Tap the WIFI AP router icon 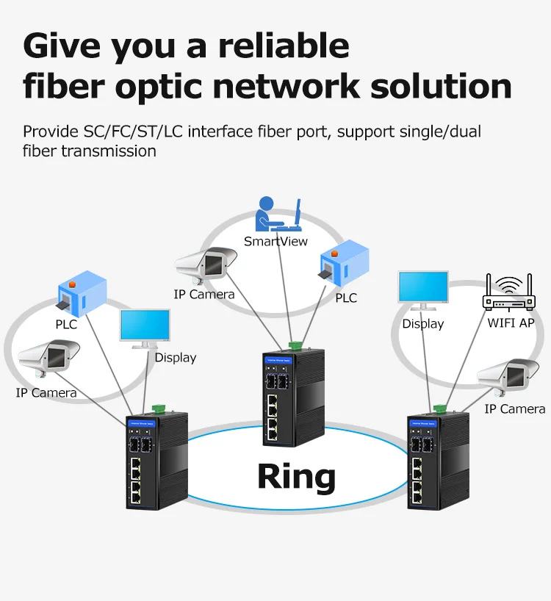coord(509,293)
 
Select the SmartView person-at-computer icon coord(279,214)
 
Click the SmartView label coord(275,241)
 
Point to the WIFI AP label coord(511,323)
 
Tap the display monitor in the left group coord(145,328)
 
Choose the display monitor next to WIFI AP coord(423,292)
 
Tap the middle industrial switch coord(292,397)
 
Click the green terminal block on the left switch coord(159,408)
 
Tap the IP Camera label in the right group coord(514,409)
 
